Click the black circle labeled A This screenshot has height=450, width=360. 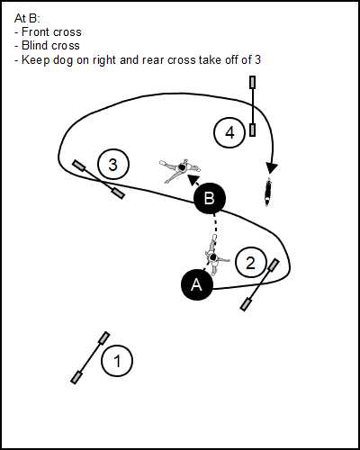pos(197,284)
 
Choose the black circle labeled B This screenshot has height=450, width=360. pos(210,198)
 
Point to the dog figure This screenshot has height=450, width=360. pos(268,192)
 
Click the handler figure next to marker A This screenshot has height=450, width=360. pos(214,256)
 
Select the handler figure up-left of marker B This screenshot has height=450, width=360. pos(179,169)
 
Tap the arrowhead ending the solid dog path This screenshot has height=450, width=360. pos(272,168)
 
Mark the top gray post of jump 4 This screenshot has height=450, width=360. pos(253,83)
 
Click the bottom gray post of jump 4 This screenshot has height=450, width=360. pos(253,130)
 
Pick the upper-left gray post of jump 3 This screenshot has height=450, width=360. pos(80,166)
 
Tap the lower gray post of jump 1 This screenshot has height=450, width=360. pos(76,377)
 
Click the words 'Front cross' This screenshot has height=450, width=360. pos(51,32)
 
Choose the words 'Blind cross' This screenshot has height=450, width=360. pos(50,46)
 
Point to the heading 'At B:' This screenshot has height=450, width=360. pos(27,19)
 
